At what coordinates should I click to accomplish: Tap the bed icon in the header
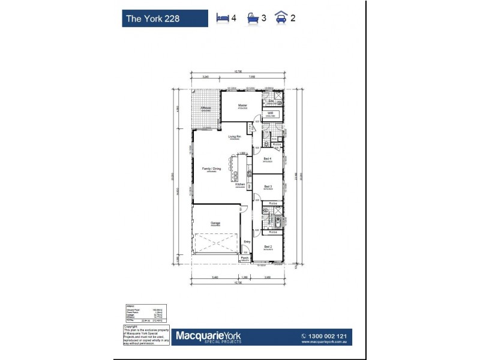tap(222, 17)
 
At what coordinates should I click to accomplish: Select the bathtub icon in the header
tap(251, 17)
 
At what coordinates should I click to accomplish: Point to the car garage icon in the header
tap(281, 17)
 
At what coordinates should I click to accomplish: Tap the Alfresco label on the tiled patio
tap(206, 108)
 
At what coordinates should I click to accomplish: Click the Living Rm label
tap(235, 137)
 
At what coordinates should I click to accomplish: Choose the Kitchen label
tap(240, 184)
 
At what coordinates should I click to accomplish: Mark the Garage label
tap(215, 223)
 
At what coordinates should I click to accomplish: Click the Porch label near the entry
tap(244, 259)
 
